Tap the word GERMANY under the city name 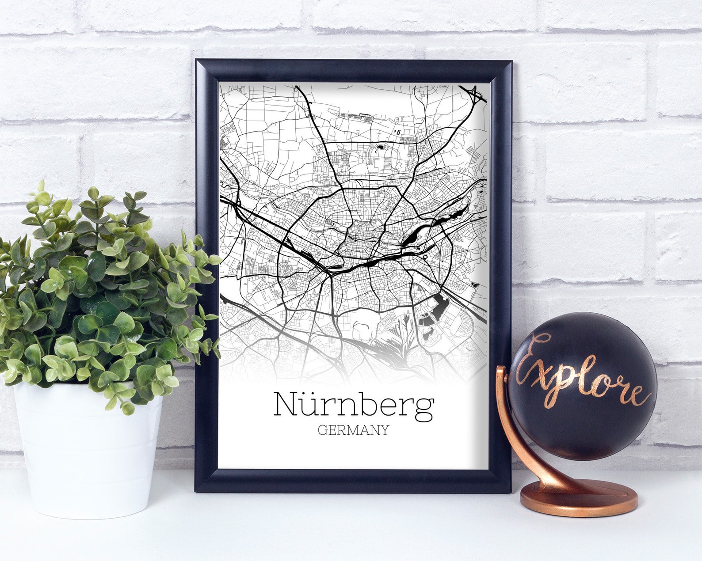tap(353, 430)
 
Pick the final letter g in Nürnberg tap(424, 409)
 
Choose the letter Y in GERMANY tap(384, 430)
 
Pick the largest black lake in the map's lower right tap(440, 307)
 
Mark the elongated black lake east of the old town tap(411, 239)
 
